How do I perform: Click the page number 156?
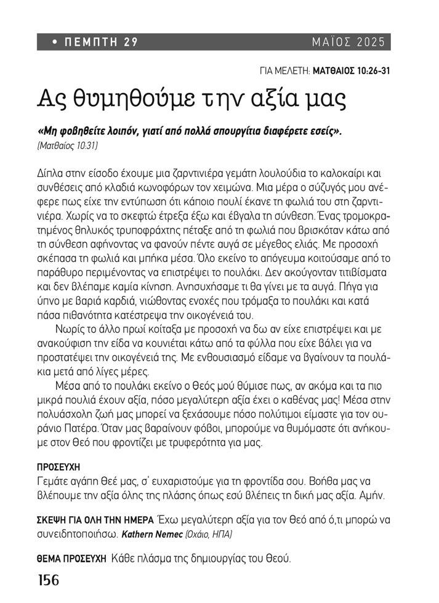coord(48,580)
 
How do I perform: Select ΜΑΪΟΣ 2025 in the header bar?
coord(348,42)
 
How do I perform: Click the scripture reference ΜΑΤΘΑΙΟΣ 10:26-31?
coord(352,70)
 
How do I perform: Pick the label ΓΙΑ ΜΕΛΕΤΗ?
coord(286,70)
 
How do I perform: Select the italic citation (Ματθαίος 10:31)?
coord(68,146)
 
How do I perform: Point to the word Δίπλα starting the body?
coord(51,174)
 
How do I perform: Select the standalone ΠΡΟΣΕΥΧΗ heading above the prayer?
coord(59,466)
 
